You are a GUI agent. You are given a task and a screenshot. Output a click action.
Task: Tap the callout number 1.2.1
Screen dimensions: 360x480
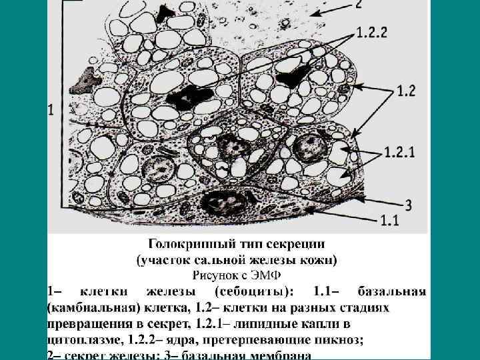[x=399, y=152]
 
